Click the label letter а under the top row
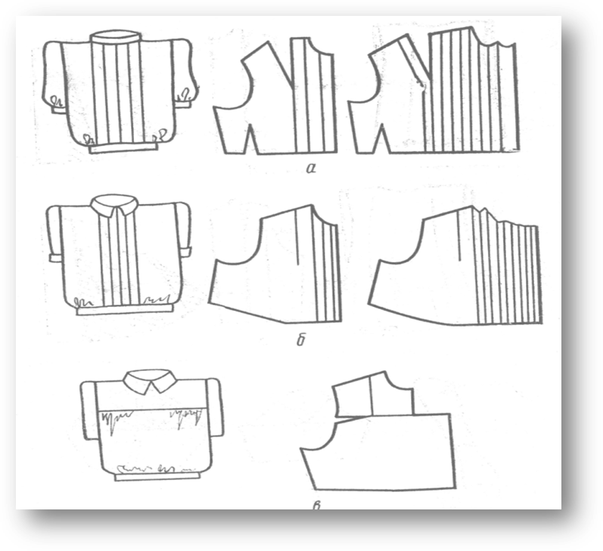[311, 168]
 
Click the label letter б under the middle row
[301, 339]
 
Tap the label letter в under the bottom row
[317, 504]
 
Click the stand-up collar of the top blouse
[116, 37]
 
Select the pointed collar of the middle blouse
[114, 206]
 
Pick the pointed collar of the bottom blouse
[149, 380]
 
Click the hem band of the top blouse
[123, 148]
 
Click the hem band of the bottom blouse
[157, 476]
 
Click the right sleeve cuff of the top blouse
[184, 104]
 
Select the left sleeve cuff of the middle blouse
[55, 258]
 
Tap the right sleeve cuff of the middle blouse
[186, 252]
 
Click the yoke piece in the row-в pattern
[373, 395]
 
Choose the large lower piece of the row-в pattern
[381, 453]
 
